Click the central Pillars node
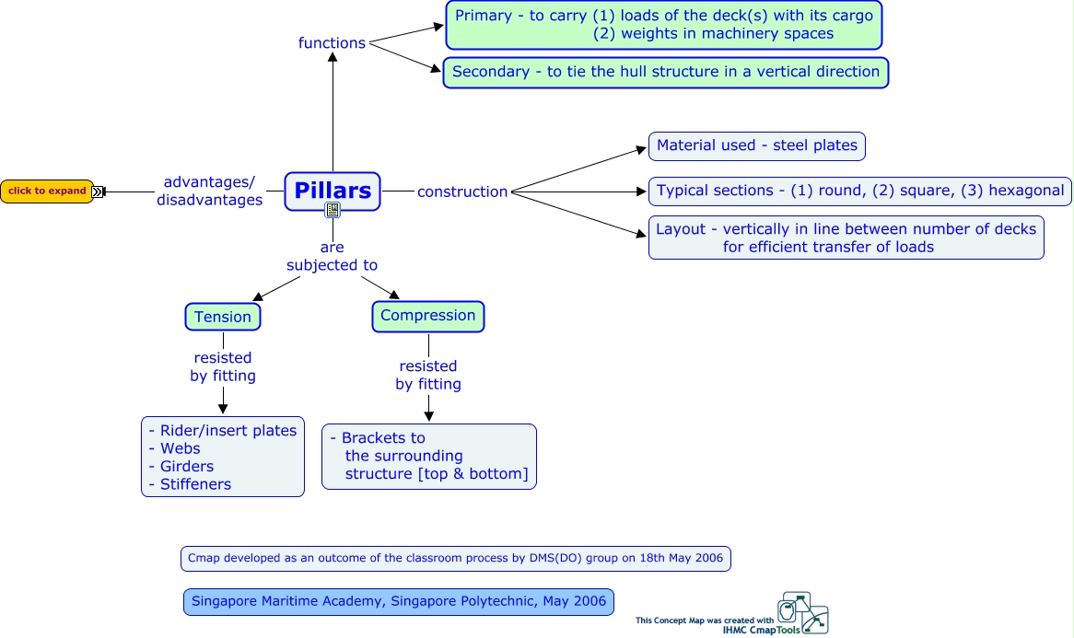(x=332, y=190)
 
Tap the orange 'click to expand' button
(x=47, y=191)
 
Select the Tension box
(x=223, y=317)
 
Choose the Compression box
(x=428, y=316)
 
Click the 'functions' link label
(x=332, y=43)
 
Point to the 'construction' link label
(x=462, y=191)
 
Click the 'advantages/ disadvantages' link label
(x=209, y=191)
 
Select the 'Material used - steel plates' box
(x=757, y=145)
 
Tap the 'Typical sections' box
(x=860, y=191)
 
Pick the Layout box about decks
(x=846, y=238)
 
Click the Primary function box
(x=663, y=25)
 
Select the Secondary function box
(x=665, y=72)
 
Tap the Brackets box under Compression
(x=428, y=456)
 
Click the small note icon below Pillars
(x=333, y=211)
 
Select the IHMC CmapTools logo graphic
(x=802, y=613)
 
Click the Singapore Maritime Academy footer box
(x=398, y=602)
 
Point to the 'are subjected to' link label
(x=332, y=256)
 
